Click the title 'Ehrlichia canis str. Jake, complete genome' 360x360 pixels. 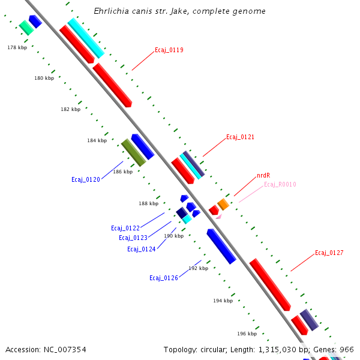coord(180,11)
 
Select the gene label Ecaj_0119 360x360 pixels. coord(169,50)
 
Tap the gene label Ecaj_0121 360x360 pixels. coord(240,137)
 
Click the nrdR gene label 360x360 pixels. coord(263,176)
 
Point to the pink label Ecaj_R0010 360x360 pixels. coord(280,185)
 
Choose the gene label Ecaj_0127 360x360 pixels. coord(329,253)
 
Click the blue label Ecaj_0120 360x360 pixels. coord(85,179)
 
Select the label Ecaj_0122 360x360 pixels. coord(125,228)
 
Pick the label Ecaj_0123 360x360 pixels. coord(133,238)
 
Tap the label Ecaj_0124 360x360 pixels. coord(142,249)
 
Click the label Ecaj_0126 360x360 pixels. coord(164,278)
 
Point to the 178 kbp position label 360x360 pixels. coord(17,47)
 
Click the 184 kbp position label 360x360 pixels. coord(97,141)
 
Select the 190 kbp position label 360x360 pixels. coord(173,236)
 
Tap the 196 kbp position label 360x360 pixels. coord(247,334)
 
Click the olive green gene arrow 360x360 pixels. coord(134,152)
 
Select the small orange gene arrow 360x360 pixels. coord(223,204)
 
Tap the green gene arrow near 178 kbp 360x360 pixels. coord(26,27)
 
